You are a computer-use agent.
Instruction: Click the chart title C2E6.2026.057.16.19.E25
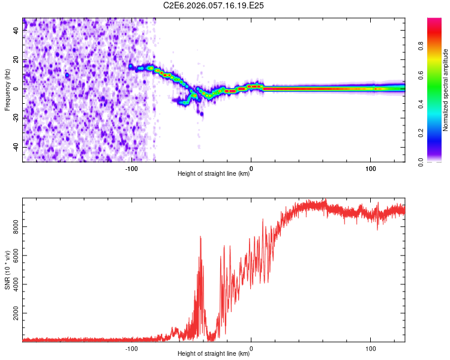click(x=214, y=5)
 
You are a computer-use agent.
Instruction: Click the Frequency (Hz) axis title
click(x=7, y=89)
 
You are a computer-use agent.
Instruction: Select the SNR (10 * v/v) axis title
click(x=7, y=270)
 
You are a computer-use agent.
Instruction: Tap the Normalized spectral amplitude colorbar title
click(x=446, y=90)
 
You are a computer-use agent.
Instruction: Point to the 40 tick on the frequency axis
click(x=16, y=31)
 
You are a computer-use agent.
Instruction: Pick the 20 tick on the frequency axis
click(x=16, y=60)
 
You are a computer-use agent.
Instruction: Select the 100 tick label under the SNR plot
click(x=371, y=349)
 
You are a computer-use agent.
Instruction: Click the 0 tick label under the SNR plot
click(x=251, y=349)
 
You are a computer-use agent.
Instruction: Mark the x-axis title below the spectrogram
click(x=214, y=174)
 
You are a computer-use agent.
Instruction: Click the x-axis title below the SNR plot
click(x=214, y=354)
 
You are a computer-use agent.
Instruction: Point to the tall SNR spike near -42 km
click(x=200, y=238)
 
